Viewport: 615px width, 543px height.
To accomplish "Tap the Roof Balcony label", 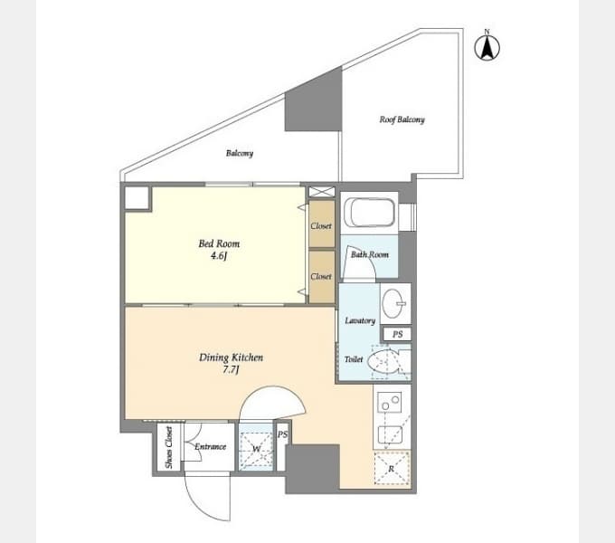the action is [402, 119].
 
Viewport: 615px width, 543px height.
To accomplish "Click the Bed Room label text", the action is [219, 243].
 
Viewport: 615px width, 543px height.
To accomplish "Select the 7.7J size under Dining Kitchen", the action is [231, 370].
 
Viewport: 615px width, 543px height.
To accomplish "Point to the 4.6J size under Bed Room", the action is [219, 256].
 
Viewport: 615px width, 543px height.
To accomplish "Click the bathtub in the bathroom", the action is [370, 213].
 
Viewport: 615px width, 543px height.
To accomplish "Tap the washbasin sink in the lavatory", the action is [393, 303].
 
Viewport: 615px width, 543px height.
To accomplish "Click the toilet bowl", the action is [383, 361].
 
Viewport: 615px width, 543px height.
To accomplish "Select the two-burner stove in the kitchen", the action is [389, 402].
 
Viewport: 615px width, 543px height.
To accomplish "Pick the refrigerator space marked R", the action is [392, 469].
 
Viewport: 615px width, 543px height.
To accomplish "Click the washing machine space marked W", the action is [256, 450].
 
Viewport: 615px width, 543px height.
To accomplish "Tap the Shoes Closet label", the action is [168, 447].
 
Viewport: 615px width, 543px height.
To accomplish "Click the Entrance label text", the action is [210, 446].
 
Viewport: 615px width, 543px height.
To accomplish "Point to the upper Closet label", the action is [321, 226].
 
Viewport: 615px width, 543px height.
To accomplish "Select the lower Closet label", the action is [321, 277].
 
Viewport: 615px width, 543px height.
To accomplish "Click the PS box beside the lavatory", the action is [397, 334].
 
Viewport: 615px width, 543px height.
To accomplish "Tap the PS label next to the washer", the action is [283, 434].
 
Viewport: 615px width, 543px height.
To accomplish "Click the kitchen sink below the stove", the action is [390, 434].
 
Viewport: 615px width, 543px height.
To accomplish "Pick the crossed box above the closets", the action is [322, 192].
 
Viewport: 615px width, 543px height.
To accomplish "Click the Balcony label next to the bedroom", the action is [240, 153].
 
